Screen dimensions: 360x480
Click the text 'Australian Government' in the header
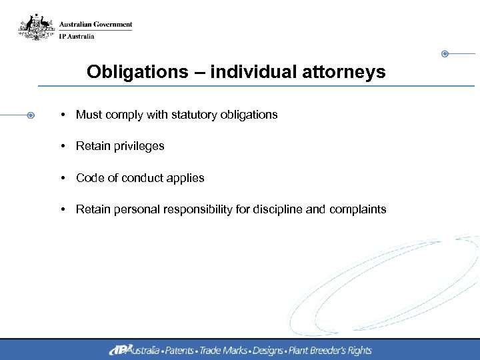[95, 25]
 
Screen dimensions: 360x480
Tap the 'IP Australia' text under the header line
[77, 36]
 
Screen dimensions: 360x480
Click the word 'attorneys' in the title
[353, 72]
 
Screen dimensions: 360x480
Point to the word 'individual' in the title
[257, 72]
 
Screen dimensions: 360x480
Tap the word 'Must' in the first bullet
[89, 115]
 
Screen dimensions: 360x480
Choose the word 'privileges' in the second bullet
[138, 146]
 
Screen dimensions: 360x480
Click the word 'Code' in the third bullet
[89, 178]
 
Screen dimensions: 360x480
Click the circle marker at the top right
[445, 53]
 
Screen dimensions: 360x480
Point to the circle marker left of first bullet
[31, 115]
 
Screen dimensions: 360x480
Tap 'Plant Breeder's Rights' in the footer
[330, 350]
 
